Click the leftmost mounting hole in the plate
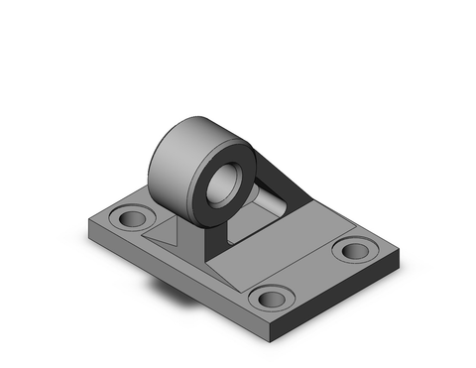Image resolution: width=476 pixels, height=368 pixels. (x=129, y=217)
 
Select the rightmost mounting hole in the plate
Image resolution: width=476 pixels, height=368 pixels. (x=352, y=248)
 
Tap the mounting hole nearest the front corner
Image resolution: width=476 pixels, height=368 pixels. (x=271, y=297)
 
